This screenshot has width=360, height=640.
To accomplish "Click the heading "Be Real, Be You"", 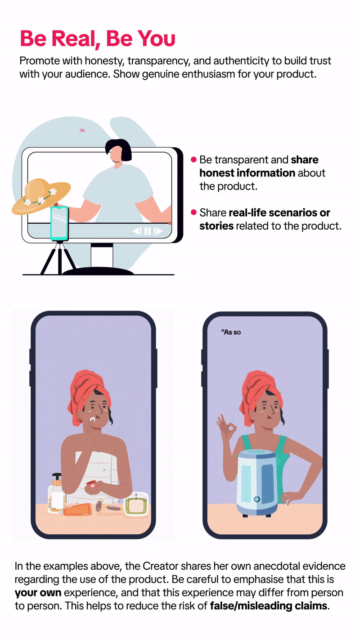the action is click(98, 39).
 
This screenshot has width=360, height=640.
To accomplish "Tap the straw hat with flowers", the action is click(41, 196).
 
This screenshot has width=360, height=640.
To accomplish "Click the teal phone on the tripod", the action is click(59, 223).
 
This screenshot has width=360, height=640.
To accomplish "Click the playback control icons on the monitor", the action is click(148, 231).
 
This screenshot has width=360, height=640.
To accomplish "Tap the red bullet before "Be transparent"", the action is click(193, 159).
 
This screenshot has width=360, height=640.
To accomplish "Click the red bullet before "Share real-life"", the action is click(193, 212).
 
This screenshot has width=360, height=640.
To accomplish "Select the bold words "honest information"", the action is click(247, 173).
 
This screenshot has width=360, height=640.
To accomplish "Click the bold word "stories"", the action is click(216, 226).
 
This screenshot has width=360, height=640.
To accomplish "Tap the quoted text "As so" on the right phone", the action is click(231, 332).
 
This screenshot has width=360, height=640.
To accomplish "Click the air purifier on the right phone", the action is click(257, 482).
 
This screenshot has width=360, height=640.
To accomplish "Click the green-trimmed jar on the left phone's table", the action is click(136, 504).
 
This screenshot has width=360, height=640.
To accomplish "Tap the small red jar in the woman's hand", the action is click(91, 484).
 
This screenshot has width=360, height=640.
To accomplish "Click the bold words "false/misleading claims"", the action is click(269, 606).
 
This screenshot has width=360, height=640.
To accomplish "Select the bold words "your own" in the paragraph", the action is click(38, 593).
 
